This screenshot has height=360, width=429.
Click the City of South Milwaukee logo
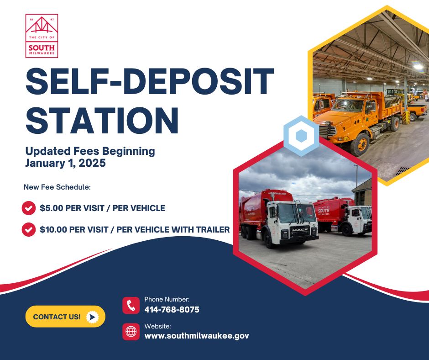tap(42, 36)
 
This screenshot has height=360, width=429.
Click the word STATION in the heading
tap(102, 121)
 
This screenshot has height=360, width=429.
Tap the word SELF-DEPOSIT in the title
tap(150, 81)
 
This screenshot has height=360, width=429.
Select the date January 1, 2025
tap(65, 163)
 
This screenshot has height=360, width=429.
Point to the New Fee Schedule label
tap(57, 187)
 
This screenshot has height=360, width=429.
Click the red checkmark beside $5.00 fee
tap(29, 208)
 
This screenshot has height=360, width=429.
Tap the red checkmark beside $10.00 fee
tap(29, 229)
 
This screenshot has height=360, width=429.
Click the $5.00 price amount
tap(52, 208)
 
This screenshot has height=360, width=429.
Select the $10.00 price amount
tap(53, 230)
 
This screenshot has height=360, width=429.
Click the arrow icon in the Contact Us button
tap(92, 317)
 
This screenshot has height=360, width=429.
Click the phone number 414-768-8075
tap(172, 310)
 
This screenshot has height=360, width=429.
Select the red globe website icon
tap(131, 332)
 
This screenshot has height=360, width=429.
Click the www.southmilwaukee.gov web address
tap(197, 336)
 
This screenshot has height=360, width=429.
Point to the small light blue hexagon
tap(301, 136)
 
